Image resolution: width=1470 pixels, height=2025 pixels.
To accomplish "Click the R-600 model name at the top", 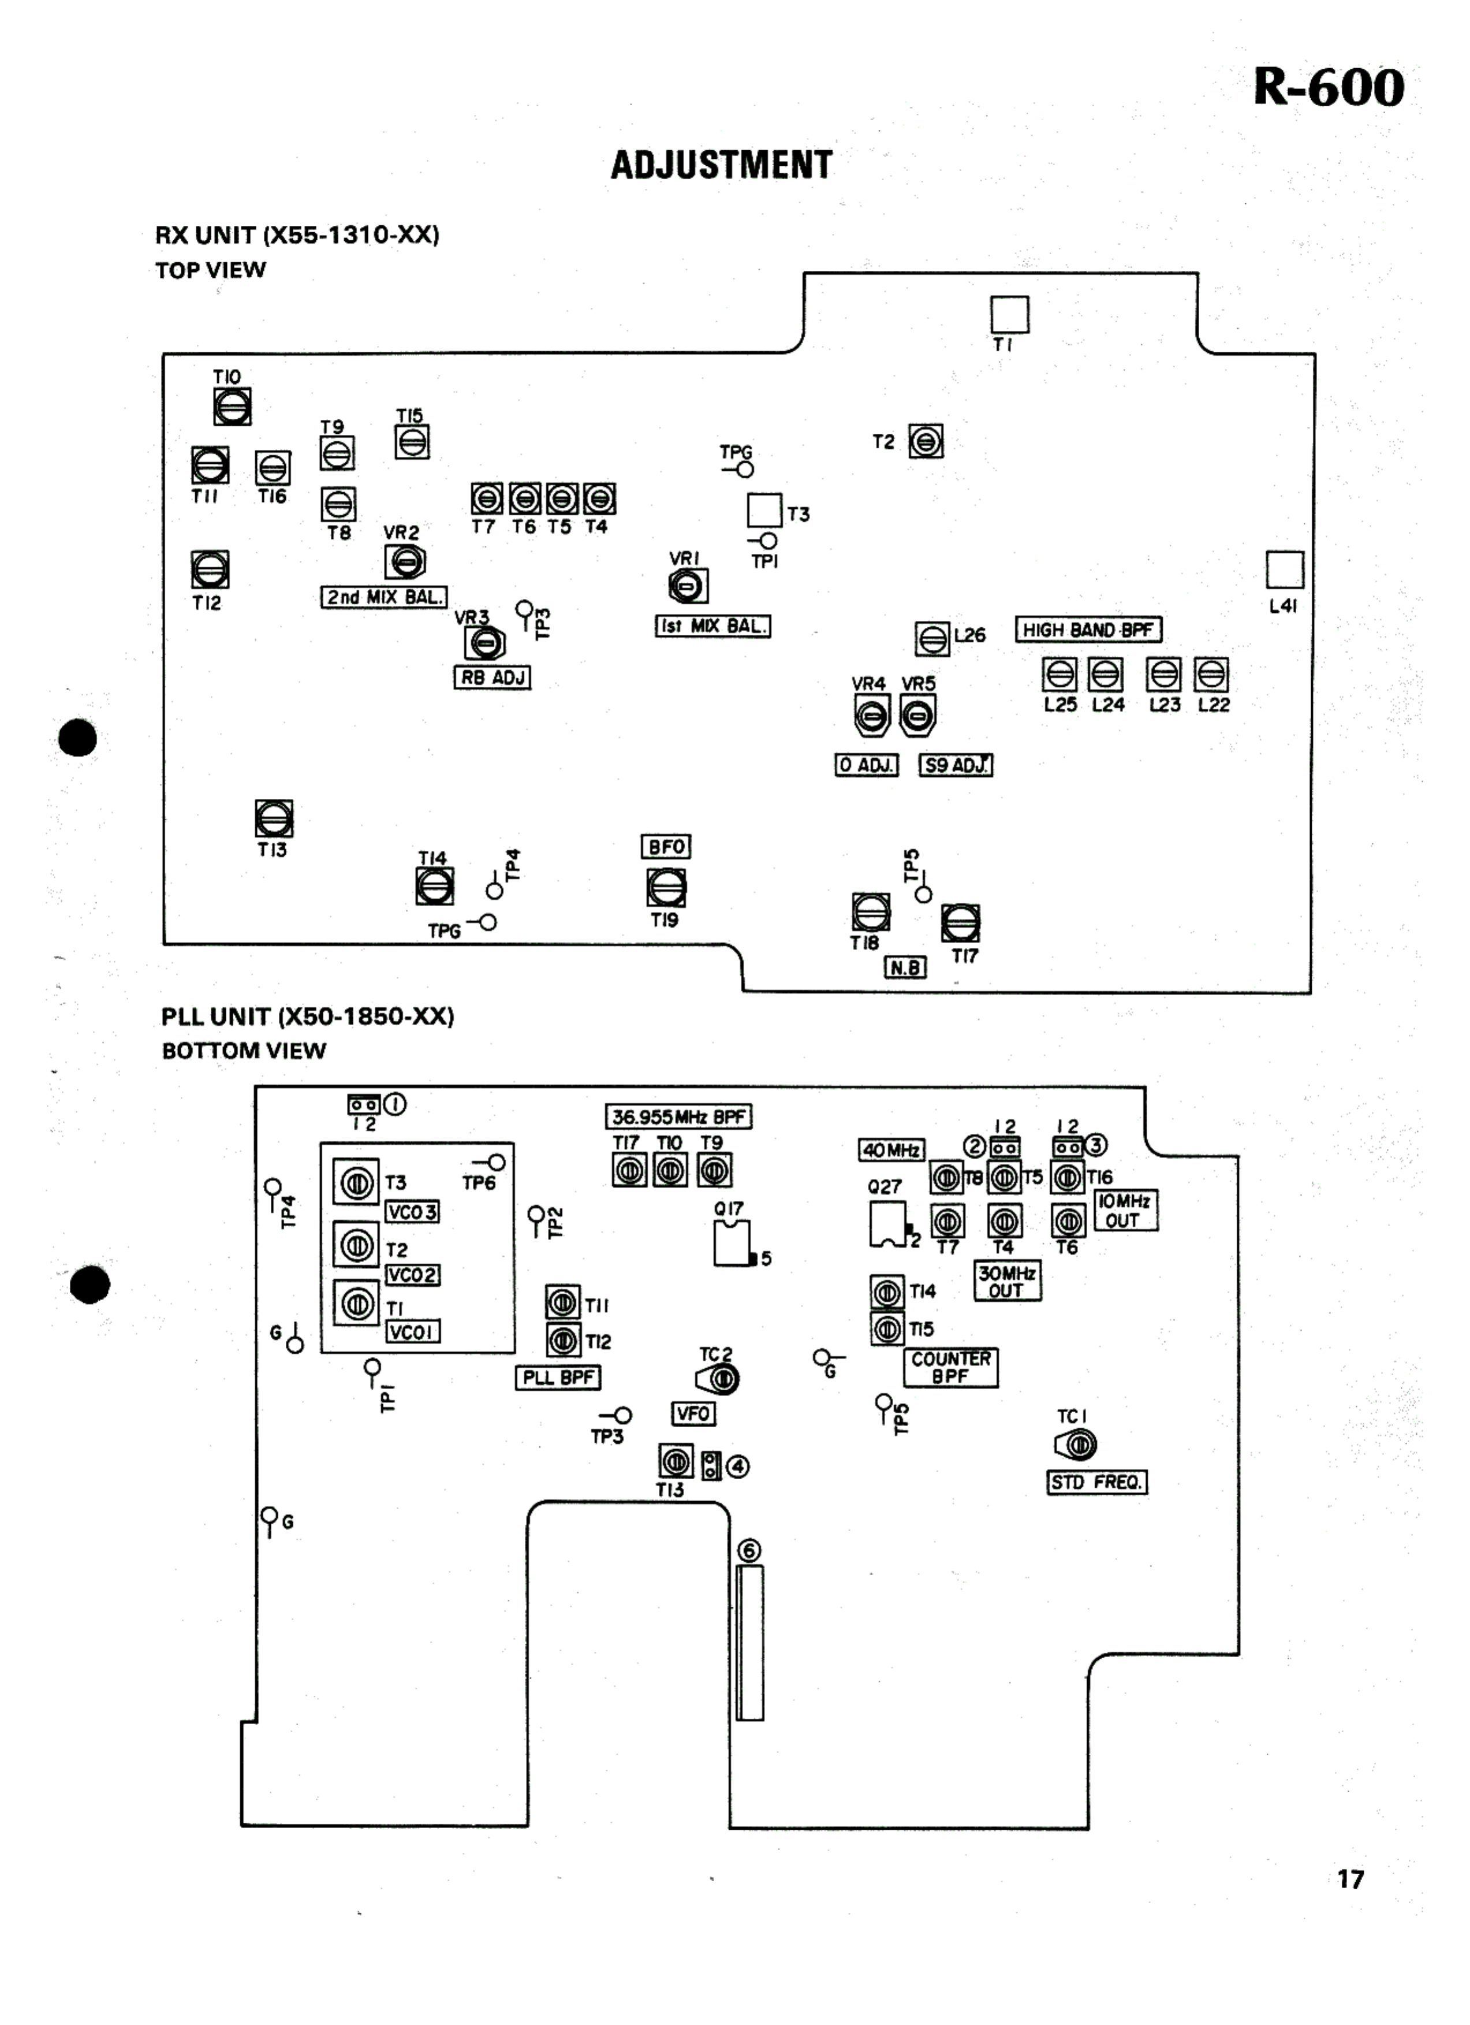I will click(x=1328, y=87).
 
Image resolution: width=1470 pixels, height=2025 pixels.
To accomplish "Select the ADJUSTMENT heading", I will click(x=721, y=165).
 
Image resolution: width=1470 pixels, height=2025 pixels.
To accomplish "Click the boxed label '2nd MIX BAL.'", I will click(x=384, y=597).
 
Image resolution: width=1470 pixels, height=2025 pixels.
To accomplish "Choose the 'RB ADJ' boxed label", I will click(x=492, y=678).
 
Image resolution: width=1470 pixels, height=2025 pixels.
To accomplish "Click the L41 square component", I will click(x=1284, y=569).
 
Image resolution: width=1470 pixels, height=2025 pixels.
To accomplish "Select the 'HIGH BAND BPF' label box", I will click(x=1088, y=630).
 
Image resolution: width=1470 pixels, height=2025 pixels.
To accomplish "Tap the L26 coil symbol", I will click(x=932, y=638).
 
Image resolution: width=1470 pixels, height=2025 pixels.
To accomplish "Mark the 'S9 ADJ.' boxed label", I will click(x=956, y=765).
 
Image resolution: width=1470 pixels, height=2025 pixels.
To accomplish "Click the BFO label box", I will click(x=666, y=846).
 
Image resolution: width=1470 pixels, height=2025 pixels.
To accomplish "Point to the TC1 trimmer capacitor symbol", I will click(x=1077, y=1445).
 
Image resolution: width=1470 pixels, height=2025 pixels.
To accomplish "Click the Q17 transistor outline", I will click(x=732, y=1243).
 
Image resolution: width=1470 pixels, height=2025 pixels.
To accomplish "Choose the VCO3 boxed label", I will click(x=412, y=1212).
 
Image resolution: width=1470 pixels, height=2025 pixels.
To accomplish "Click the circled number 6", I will click(x=749, y=1551).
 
